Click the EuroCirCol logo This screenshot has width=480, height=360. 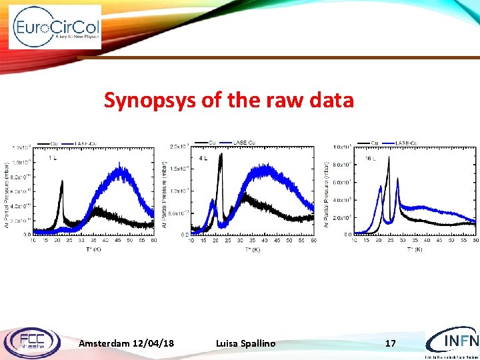(x=55, y=27)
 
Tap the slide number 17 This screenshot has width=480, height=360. (x=391, y=343)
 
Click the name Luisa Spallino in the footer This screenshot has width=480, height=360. (x=245, y=343)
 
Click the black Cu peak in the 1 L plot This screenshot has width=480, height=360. (x=62, y=182)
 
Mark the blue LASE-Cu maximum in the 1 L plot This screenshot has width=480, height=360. (x=121, y=169)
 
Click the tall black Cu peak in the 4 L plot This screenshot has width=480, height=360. (x=221, y=155)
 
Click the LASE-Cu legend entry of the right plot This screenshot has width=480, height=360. (x=407, y=143)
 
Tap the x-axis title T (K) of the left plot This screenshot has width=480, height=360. (x=94, y=249)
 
